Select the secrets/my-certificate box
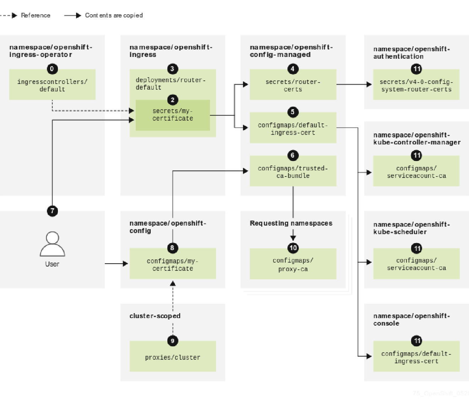[x=173, y=115]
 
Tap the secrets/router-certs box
[x=293, y=85]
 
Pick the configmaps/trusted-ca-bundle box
[x=293, y=172]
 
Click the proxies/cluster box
[x=173, y=357]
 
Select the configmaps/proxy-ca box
[x=293, y=265]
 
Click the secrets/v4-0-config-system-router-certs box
[x=416, y=85]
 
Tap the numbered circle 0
[x=52, y=69]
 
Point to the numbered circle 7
[x=52, y=211]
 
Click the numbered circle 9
[x=173, y=341]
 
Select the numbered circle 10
[x=293, y=248]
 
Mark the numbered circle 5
[x=293, y=112]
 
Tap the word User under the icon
[x=52, y=264]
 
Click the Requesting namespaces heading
[x=291, y=223]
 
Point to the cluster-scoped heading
[x=155, y=316]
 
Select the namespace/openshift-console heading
[x=411, y=320]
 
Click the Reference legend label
[x=36, y=15]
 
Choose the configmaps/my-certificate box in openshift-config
[x=173, y=264]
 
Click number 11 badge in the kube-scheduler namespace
[x=416, y=248]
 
